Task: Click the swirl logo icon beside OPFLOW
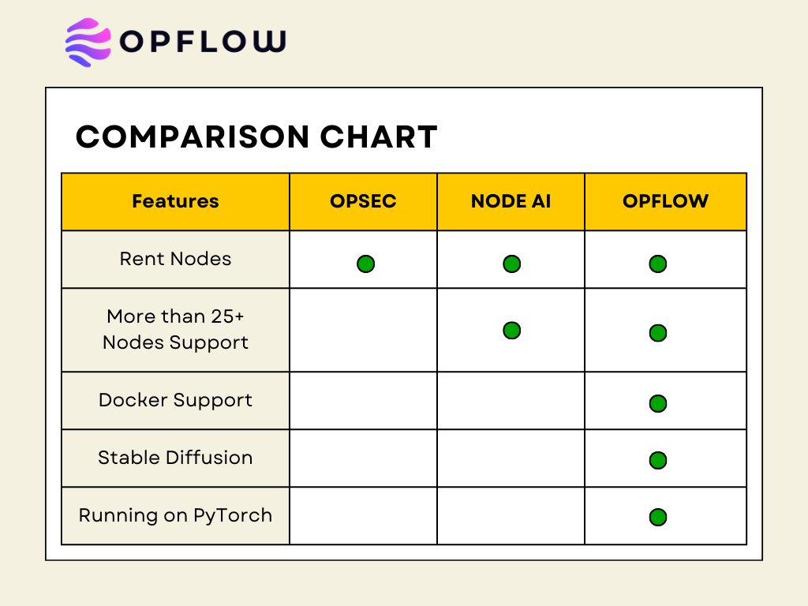(88, 42)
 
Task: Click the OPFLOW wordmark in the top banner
(203, 42)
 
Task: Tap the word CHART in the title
(379, 137)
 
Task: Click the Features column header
(175, 201)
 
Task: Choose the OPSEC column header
(363, 201)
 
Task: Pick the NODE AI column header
(511, 201)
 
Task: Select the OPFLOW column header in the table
(665, 201)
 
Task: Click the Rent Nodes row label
(175, 259)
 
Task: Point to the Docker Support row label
(175, 400)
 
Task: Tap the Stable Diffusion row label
(175, 458)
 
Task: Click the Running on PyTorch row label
(175, 515)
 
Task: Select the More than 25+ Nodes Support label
(175, 329)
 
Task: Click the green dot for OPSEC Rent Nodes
(365, 264)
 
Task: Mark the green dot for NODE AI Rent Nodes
(511, 264)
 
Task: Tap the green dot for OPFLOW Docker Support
(658, 404)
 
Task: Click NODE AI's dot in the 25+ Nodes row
(511, 330)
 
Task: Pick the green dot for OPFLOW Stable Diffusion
(658, 461)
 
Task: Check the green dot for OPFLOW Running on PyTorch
(658, 518)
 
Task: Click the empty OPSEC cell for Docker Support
(363, 401)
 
